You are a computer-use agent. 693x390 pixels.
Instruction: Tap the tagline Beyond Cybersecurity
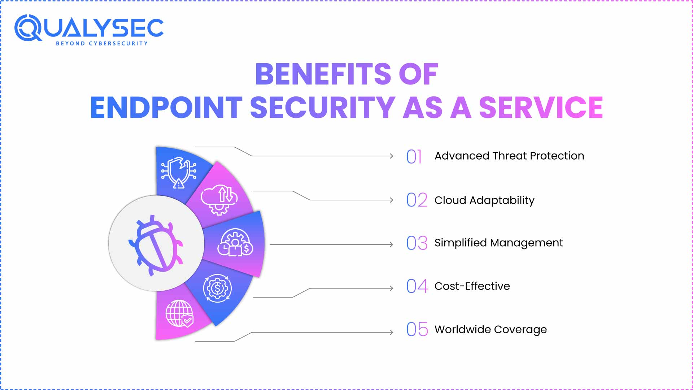(x=102, y=43)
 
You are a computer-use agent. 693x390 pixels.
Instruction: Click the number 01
(x=414, y=156)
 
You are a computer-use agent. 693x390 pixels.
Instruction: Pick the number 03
(x=417, y=243)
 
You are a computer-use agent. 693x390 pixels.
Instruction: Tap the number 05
(x=417, y=329)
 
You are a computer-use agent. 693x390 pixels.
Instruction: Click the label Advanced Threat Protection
(x=509, y=156)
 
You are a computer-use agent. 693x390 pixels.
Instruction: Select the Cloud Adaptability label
(x=484, y=200)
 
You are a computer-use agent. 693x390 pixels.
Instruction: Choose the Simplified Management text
(x=498, y=243)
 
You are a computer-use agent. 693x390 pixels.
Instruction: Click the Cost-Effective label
(x=472, y=286)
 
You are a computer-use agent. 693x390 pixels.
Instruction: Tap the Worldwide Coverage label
(x=491, y=330)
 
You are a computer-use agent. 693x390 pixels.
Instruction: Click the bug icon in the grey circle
(x=156, y=245)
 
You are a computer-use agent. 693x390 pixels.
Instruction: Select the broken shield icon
(x=179, y=173)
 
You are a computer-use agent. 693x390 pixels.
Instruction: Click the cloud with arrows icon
(x=219, y=199)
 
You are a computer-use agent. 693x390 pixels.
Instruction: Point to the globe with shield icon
(x=179, y=313)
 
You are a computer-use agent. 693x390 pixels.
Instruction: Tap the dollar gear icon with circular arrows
(x=217, y=288)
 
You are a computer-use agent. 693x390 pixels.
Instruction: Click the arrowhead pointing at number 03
(x=391, y=244)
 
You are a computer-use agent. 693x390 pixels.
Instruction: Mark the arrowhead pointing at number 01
(x=391, y=156)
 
